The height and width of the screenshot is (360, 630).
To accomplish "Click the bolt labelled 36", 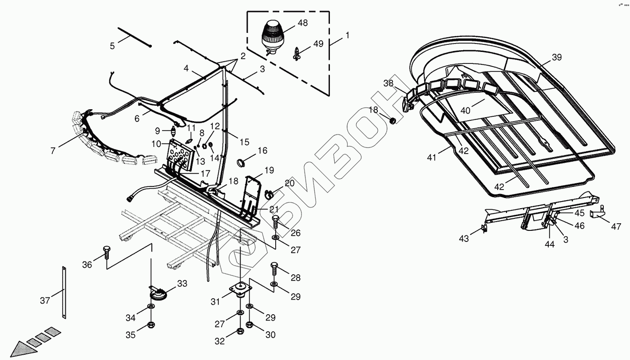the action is click(107, 252).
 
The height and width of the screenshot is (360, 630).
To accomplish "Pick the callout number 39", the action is click(557, 57).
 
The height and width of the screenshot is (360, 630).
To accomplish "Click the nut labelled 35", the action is click(151, 326).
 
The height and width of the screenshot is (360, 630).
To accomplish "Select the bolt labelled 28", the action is click(274, 268).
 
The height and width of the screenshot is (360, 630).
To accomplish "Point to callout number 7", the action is click(53, 151).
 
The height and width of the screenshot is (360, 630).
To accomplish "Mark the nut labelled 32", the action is click(240, 331).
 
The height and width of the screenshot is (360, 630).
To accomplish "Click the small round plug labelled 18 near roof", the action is click(392, 121).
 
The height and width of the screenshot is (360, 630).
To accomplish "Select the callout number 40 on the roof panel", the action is click(465, 111).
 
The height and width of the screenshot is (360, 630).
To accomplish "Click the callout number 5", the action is click(112, 46).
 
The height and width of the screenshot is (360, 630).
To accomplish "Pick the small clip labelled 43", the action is click(484, 228).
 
